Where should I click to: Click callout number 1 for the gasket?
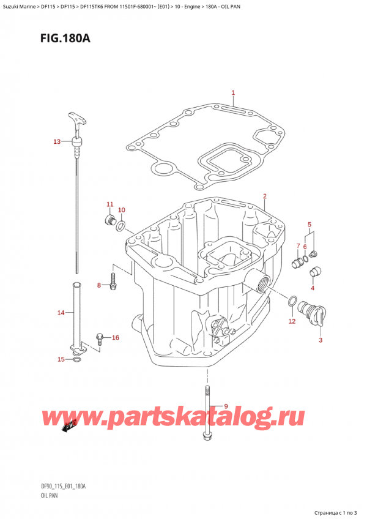click(233, 93)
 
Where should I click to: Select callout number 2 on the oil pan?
click(264, 196)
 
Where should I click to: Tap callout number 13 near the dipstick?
click(57, 142)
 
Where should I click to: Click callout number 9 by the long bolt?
click(226, 406)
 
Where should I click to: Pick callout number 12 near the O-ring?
click(292, 321)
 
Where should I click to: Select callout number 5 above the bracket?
click(310, 224)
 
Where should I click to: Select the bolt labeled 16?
click(100, 337)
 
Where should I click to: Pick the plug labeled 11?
click(109, 218)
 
